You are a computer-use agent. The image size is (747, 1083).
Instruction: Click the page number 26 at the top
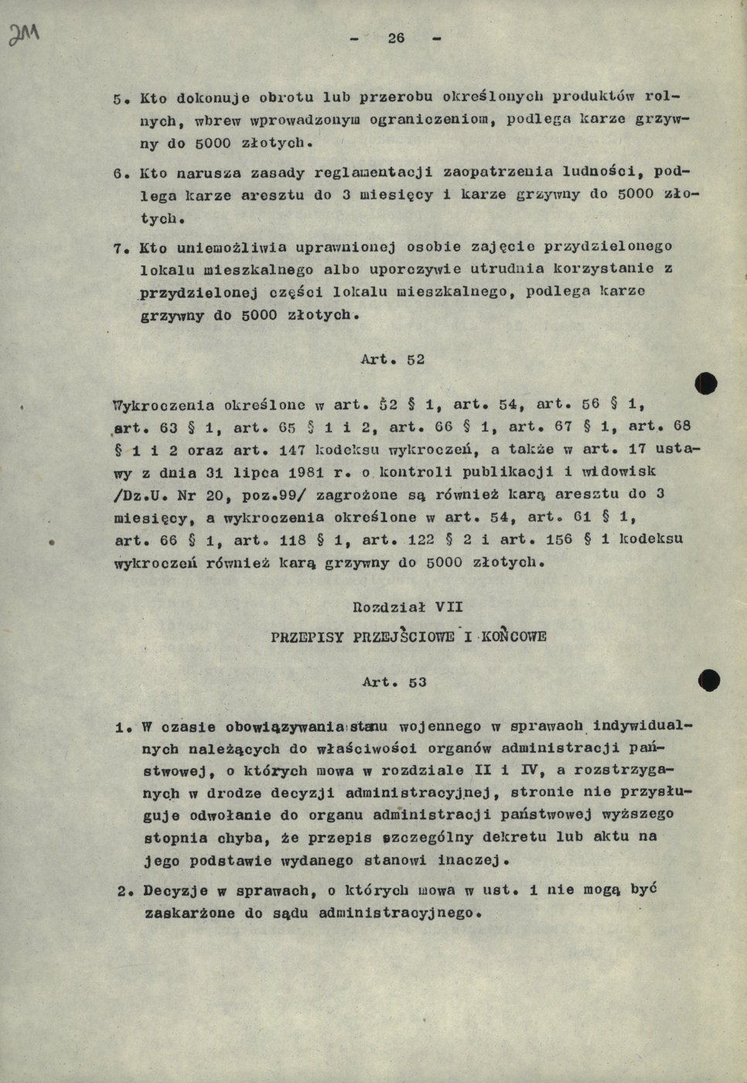(396, 38)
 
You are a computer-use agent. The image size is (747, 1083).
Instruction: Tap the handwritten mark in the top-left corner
(24, 34)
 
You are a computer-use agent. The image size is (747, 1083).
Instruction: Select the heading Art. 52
(393, 360)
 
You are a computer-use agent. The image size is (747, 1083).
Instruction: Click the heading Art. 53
(394, 682)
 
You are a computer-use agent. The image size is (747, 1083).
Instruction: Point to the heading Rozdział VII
(408, 607)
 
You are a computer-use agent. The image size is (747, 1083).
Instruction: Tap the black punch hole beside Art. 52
(706, 383)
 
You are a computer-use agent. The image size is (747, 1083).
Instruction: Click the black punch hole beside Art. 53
(708, 680)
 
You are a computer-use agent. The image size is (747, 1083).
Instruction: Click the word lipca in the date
(254, 472)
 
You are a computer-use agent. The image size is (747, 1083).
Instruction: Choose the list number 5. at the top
(119, 99)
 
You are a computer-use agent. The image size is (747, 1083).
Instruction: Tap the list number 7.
(119, 248)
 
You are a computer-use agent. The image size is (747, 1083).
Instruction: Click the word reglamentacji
(372, 173)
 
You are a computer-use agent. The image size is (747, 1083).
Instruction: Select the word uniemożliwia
(210, 248)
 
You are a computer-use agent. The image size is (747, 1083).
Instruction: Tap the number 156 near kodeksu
(559, 539)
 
